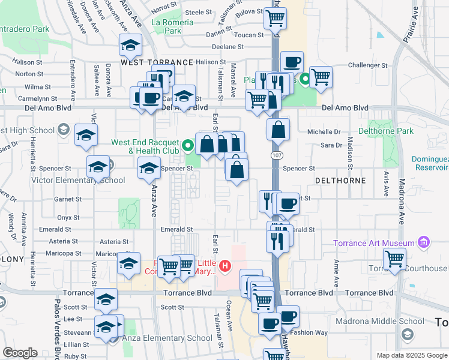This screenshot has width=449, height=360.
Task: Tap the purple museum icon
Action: [424, 242]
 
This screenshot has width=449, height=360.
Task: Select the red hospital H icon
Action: [225, 265]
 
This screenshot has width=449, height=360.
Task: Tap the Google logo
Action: [20, 353]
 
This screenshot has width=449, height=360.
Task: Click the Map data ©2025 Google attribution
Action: [411, 355]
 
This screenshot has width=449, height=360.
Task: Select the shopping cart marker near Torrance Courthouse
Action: [394, 259]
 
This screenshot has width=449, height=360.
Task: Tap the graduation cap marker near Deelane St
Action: [130, 44]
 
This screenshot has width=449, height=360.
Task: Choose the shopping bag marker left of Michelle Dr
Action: [279, 129]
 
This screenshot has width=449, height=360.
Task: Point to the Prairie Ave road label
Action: [411, 28]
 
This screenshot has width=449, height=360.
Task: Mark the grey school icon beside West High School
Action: [63, 130]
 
